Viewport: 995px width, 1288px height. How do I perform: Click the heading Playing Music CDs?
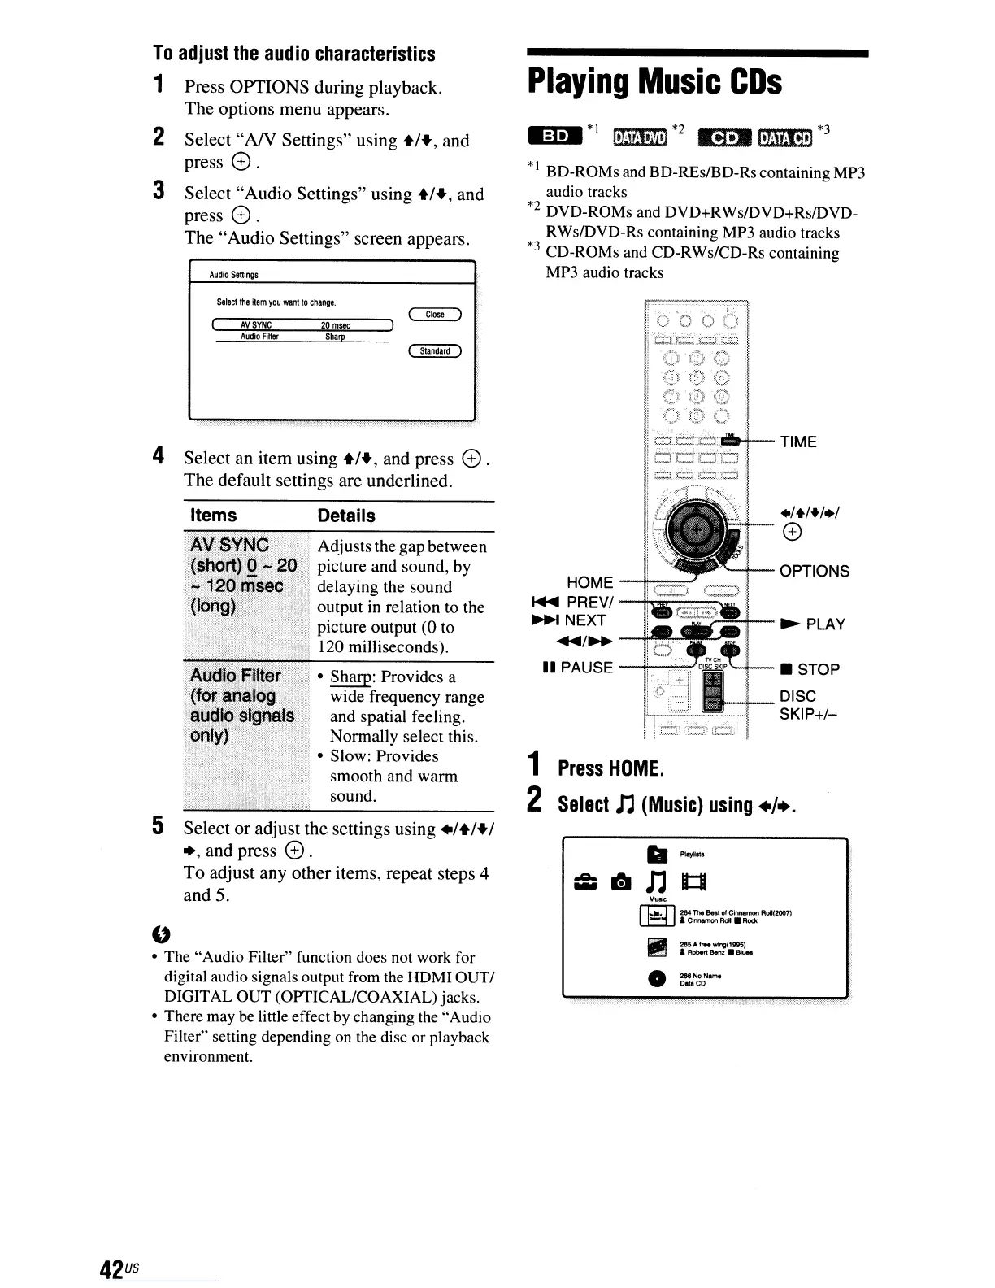point(654,83)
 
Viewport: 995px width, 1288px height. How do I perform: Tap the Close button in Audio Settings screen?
point(435,315)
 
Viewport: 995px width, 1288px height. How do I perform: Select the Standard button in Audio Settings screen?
point(435,351)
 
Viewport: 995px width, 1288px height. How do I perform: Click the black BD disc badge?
point(556,136)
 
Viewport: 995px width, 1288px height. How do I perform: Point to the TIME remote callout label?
point(798,442)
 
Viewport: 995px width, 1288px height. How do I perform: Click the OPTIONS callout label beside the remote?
point(814,571)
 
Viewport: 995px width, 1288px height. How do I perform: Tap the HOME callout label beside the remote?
point(589,582)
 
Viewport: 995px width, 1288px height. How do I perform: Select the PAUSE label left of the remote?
point(578,668)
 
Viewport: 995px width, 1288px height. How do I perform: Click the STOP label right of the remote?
point(810,669)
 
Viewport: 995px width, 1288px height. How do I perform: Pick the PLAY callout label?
point(814,624)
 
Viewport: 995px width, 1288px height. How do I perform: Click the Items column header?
point(213,516)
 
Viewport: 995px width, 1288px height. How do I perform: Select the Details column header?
point(346,516)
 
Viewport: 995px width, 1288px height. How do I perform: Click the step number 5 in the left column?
point(159,826)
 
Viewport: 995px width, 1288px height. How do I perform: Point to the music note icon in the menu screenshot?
point(656,881)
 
